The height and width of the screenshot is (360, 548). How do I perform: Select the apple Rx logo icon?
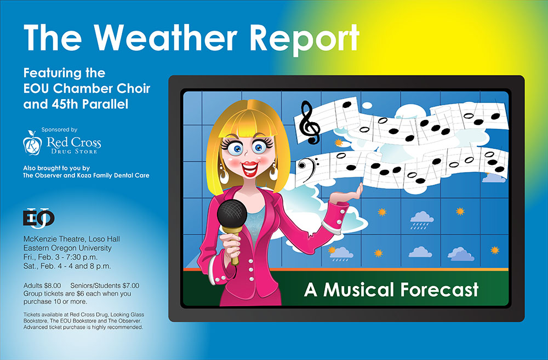coord(32,142)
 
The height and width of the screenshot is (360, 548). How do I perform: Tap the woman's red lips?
coord(250,168)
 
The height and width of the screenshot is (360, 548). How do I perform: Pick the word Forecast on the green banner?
coord(439,289)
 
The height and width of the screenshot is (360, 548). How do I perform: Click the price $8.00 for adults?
coord(53,285)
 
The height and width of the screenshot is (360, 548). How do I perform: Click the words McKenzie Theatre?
coord(54,239)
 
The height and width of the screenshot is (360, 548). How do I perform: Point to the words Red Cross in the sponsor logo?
coord(74,142)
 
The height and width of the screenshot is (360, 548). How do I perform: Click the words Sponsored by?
coord(59,130)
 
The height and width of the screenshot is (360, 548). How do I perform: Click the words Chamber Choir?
coord(101,88)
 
